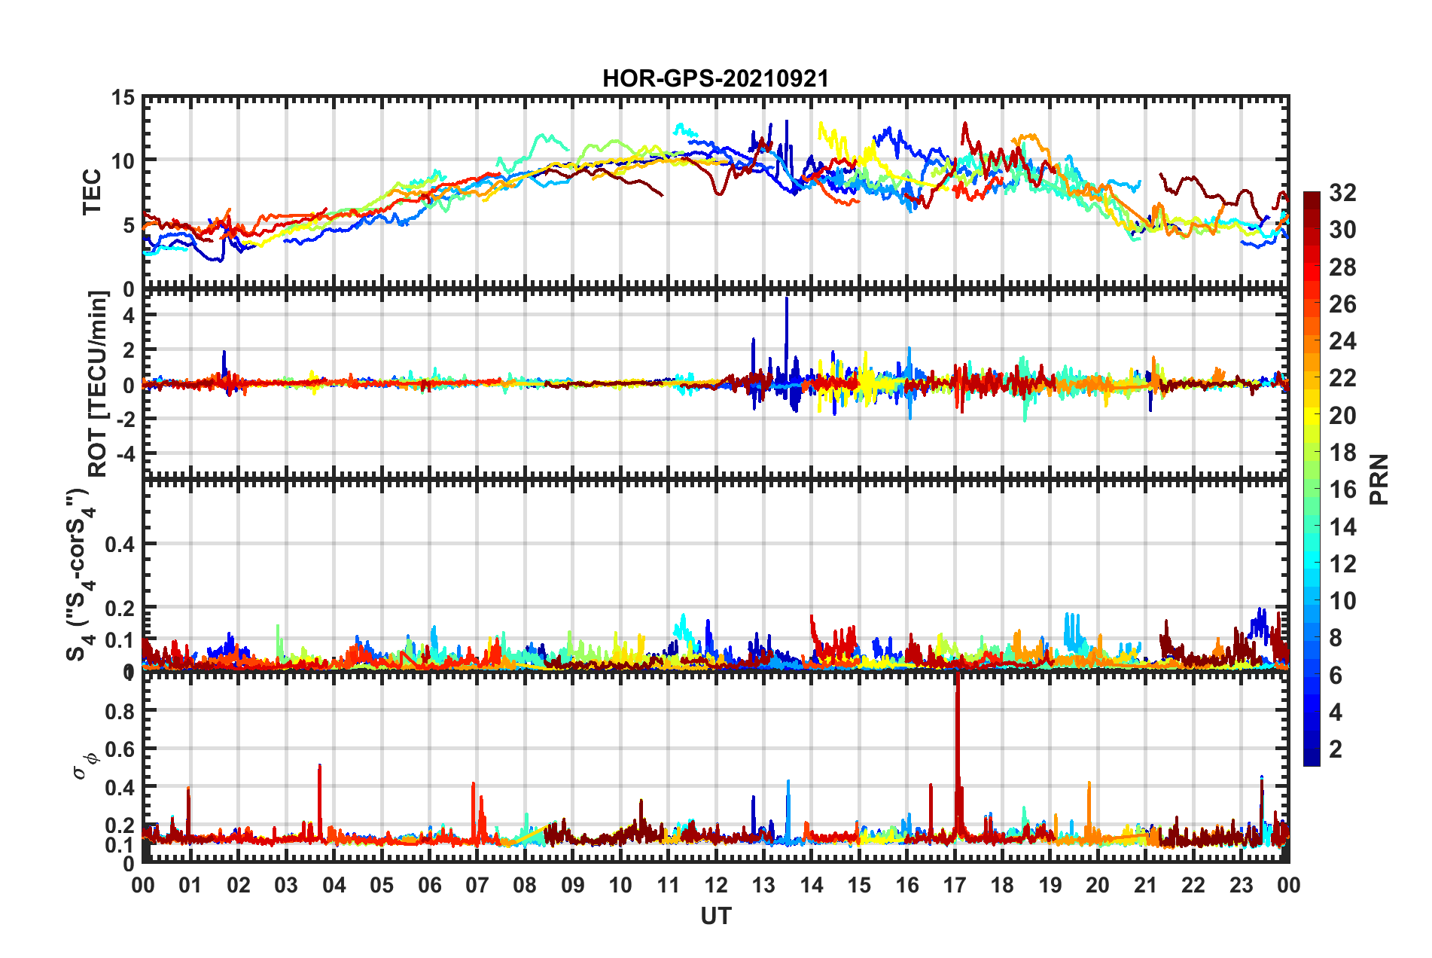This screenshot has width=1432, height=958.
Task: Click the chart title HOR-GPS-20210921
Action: click(x=715, y=78)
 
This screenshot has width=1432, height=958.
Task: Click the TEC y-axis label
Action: click(x=92, y=192)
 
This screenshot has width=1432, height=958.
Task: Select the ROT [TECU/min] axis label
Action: click(x=98, y=383)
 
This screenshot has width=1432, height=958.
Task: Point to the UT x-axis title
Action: click(x=715, y=916)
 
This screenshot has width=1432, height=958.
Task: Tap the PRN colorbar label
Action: click(x=1379, y=479)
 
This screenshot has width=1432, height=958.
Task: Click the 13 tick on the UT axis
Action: click(x=763, y=885)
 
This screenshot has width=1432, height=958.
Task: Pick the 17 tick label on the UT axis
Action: click(x=955, y=885)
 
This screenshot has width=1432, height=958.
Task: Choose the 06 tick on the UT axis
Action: click(x=429, y=885)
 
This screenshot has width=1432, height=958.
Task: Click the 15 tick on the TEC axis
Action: click(x=123, y=97)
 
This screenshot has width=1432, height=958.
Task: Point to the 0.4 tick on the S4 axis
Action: click(x=120, y=544)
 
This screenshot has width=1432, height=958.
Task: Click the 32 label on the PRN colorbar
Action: click(x=1342, y=193)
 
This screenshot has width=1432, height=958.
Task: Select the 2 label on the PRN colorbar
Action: click(x=1336, y=749)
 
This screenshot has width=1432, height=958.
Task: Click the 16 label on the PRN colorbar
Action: click(x=1342, y=490)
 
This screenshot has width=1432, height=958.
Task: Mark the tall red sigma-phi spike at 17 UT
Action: click(x=957, y=723)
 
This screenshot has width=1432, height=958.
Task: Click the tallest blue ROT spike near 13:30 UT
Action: click(x=787, y=301)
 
